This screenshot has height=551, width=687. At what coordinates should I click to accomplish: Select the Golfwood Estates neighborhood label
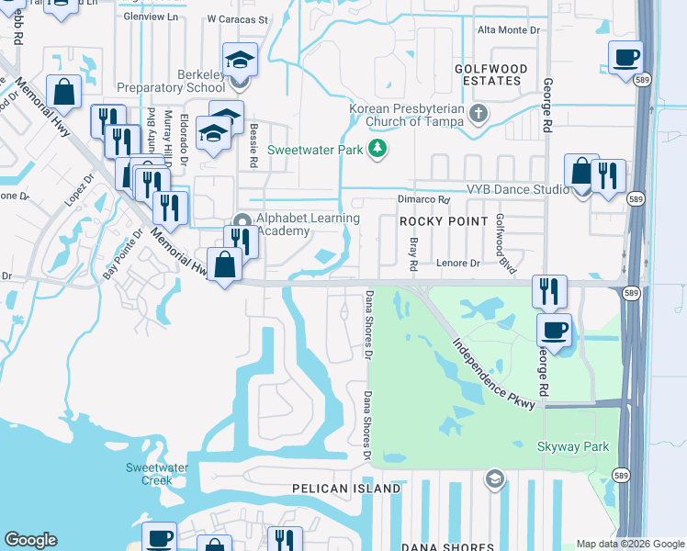pos(491,74)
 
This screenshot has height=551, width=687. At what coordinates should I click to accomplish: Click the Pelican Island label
pos(346,489)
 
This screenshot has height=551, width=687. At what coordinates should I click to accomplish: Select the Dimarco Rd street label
pos(423,199)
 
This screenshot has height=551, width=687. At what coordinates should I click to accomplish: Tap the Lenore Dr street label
pos(457,264)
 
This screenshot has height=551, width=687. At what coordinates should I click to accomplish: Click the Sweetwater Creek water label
pos(149,474)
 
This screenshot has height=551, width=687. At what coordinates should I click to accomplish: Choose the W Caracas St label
pos(237,18)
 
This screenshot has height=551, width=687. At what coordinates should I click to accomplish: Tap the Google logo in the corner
pos(30,540)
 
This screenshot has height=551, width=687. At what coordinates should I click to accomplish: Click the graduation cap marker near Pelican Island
pos(495,478)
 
